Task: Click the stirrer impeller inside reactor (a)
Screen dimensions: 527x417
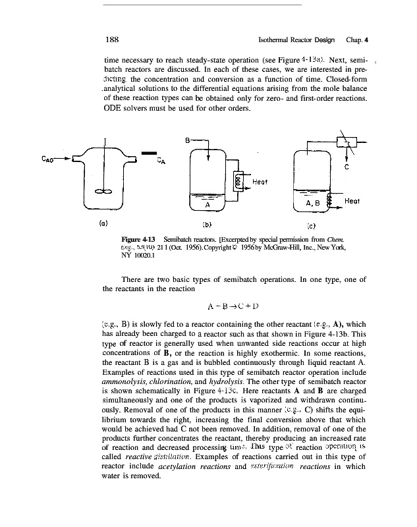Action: pos(103,191)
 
